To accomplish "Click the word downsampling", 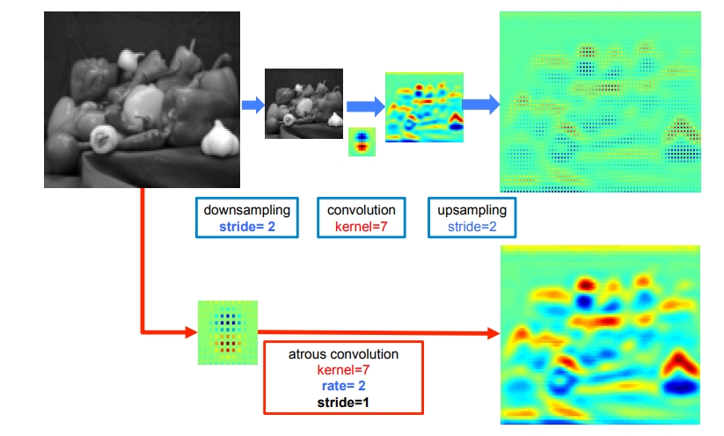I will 246,211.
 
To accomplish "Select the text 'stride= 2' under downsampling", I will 246,227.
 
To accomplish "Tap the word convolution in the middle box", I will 361,211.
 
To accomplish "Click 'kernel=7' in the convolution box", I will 361,227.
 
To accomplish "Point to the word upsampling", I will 472,211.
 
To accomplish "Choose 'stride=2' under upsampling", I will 472,227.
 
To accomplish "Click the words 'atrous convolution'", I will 343,354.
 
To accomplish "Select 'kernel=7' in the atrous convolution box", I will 343,370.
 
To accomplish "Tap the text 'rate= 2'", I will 343,385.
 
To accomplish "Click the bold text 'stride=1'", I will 343,401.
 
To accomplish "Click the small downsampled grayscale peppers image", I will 304,105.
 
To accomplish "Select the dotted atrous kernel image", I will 227,332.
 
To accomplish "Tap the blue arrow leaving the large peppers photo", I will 253,105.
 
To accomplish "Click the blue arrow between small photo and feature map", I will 364,106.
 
